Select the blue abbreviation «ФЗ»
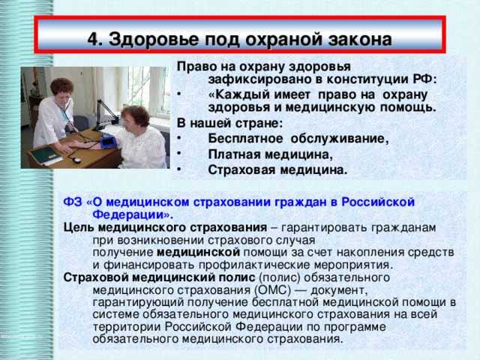[x=73, y=202]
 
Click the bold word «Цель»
[x=79, y=227]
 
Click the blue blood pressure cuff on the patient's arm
[x=107, y=141]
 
